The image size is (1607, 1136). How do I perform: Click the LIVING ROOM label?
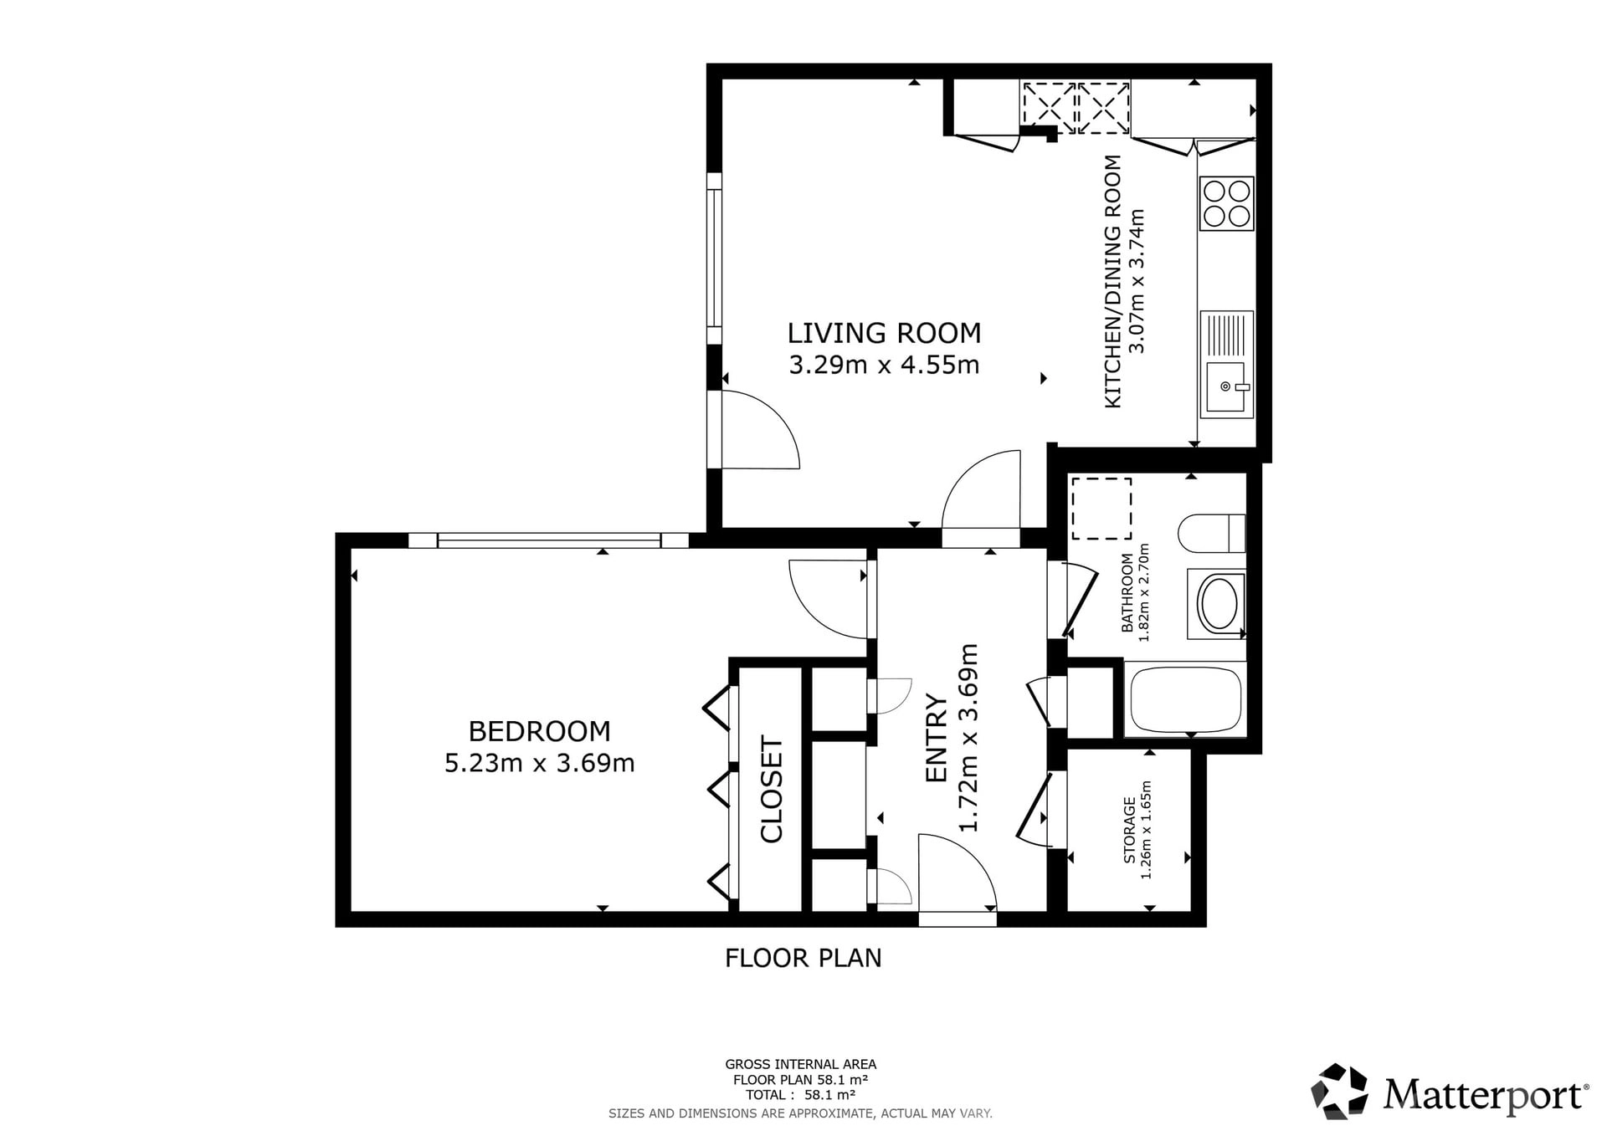tap(884, 333)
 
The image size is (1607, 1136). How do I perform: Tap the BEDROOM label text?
tap(539, 731)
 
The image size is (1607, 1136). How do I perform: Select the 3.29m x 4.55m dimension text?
tap(884, 366)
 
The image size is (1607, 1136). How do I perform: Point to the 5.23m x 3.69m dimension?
tap(539, 763)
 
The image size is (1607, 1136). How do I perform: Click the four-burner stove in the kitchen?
tap(1227, 203)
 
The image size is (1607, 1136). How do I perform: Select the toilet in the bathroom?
tap(1212, 533)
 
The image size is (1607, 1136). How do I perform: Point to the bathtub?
tap(1186, 700)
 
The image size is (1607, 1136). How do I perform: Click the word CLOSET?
tap(771, 789)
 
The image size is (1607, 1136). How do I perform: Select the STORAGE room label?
tap(1130, 830)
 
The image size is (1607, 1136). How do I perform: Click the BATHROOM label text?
tap(1127, 592)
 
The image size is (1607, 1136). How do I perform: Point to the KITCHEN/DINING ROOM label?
tap(1112, 282)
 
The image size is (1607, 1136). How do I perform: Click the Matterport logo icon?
tap(1339, 1091)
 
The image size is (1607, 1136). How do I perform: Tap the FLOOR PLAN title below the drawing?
tap(803, 958)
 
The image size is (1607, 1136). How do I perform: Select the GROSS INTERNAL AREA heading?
tap(801, 1064)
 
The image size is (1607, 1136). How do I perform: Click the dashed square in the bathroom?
tap(1101, 509)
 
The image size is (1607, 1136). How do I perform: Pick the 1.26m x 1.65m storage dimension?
tap(1147, 830)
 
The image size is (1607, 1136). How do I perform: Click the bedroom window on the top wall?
tap(548, 540)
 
